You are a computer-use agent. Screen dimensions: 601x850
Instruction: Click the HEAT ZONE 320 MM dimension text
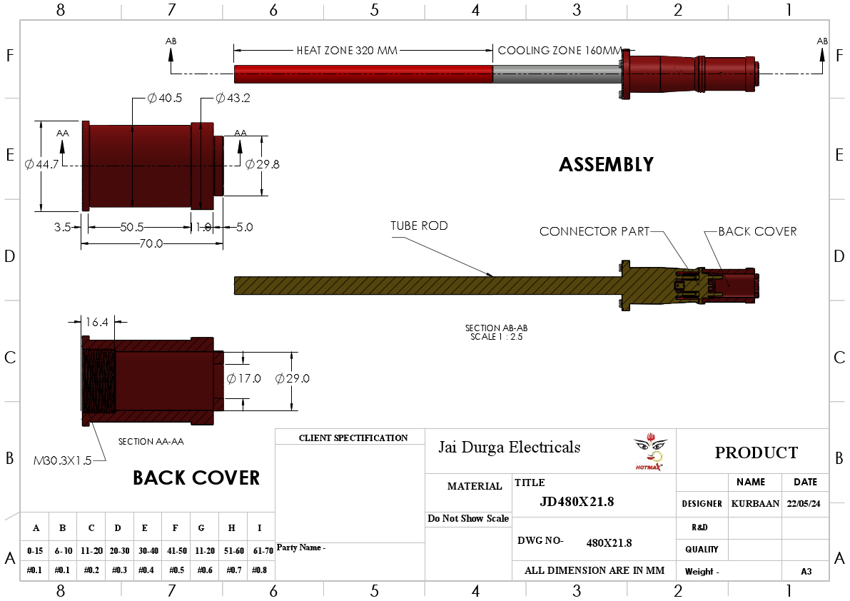[x=347, y=51]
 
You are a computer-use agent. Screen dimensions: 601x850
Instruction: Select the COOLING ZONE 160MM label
[x=560, y=51]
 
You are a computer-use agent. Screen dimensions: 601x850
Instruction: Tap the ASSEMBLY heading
[x=606, y=165]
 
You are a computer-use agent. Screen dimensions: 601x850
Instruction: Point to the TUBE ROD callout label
[x=419, y=226]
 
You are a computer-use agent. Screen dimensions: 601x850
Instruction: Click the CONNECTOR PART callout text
[x=595, y=231]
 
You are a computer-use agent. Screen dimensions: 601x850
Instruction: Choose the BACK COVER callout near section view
[x=757, y=231]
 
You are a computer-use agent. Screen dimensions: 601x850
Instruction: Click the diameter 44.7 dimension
[x=41, y=164]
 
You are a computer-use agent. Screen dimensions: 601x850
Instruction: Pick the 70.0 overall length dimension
[x=151, y=243]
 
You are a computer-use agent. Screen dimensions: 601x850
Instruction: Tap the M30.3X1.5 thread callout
[x=63, y=460]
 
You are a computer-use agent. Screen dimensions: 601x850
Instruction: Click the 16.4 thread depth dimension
[x=96, y=322]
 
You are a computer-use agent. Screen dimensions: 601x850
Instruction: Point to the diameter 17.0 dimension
[x=243, y=378]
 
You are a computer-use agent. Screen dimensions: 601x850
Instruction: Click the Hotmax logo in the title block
[x=649, y=451]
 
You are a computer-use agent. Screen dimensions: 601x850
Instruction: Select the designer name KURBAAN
[x=755, y=503]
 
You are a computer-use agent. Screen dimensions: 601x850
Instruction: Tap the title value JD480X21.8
[x=577, y=502]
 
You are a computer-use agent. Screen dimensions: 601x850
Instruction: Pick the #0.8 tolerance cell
[x=260, y=570]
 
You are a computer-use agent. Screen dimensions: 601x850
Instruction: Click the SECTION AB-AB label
[x=496, y=328]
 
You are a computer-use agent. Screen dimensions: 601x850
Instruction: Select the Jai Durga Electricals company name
[x=509, y=448]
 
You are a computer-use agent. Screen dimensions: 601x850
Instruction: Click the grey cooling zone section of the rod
[x=557, y=74]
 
